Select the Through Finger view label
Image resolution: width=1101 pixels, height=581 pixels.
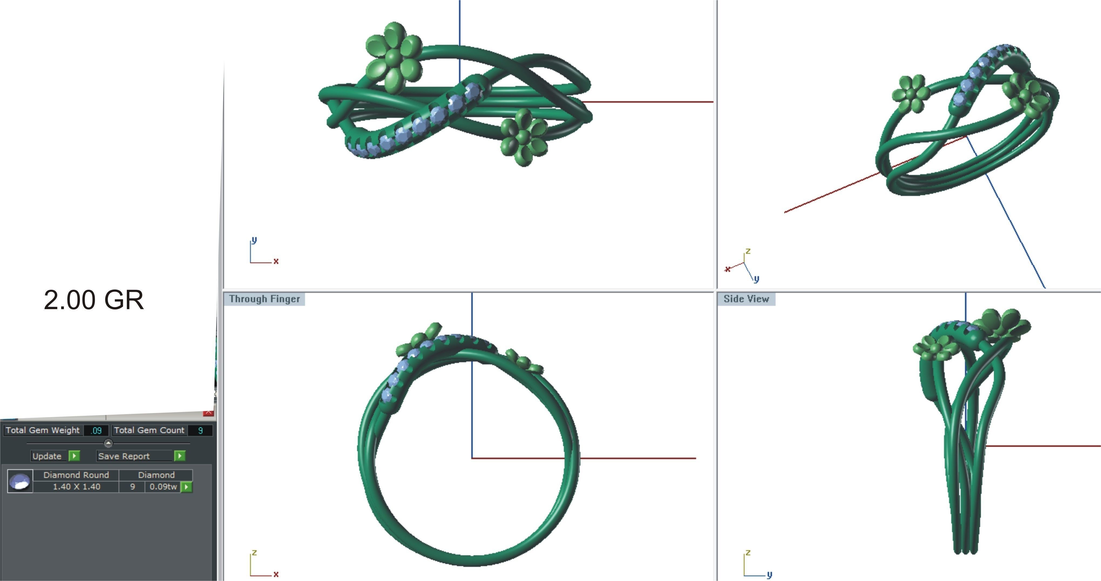(264, 299)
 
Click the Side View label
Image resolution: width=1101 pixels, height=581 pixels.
(746, 299)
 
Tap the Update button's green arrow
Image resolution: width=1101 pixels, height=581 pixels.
(74, 456)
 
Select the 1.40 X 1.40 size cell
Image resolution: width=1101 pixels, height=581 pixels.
(76, 487)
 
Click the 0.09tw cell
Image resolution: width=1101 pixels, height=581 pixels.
(163, 487)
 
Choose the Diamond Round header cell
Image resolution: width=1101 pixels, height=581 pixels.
(76, 475)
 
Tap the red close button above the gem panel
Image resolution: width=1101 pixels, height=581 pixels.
(208, 413)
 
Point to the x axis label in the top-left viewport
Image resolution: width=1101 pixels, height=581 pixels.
(276, 261)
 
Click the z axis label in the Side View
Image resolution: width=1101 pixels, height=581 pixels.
(748, 552)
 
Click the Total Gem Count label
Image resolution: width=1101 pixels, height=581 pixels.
(149, 430)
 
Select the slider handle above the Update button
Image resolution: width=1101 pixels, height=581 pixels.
(108, 443)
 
